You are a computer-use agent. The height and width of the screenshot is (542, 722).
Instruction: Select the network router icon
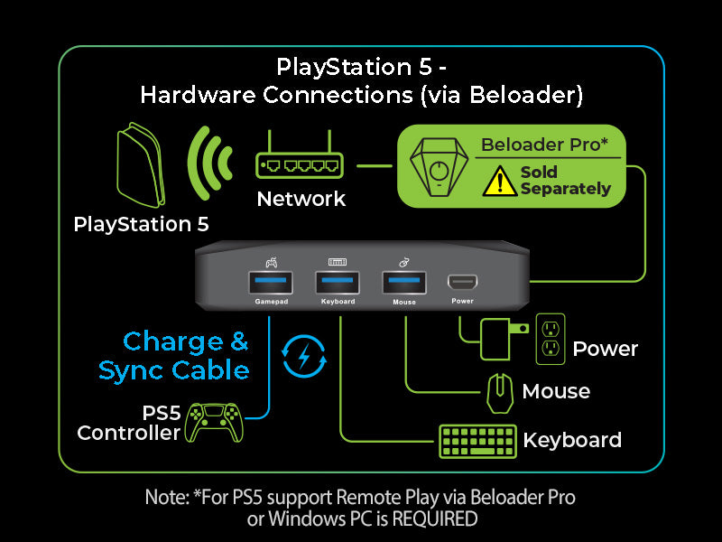tap(301, 163)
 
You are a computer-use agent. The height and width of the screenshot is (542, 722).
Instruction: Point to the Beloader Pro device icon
tap(438, 165)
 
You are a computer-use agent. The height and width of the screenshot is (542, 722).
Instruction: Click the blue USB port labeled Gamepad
tap(271, 283)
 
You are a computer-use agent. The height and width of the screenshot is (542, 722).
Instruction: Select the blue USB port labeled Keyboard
tap(338, 283)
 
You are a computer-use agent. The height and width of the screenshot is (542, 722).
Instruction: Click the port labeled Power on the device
tap(463, 284)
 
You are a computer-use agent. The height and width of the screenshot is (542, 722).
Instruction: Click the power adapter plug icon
tap(499, 339)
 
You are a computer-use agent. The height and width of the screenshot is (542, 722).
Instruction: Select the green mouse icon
tap(497, 392)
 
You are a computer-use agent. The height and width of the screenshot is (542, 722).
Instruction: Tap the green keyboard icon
tap(477, 442)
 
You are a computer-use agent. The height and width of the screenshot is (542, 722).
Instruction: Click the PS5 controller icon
tap(214, 423)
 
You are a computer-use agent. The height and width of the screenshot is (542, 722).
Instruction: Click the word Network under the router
tap(301, 199)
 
